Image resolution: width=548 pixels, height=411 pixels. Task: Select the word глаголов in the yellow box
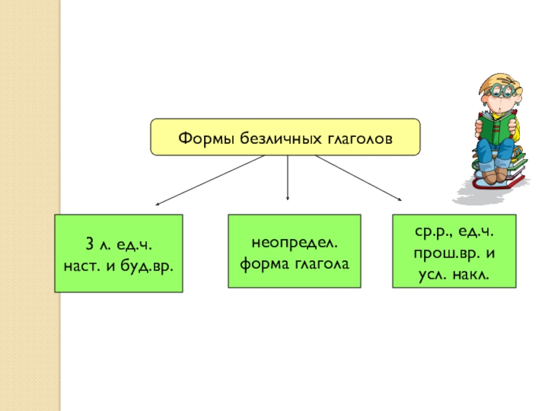360,138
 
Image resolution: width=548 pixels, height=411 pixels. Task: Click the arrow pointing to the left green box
209,180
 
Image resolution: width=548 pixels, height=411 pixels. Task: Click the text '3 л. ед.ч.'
119,245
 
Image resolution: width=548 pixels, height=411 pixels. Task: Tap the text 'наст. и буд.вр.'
119,262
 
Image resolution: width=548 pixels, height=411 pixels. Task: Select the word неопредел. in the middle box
295,244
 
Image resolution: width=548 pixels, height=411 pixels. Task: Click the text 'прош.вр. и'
453,253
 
